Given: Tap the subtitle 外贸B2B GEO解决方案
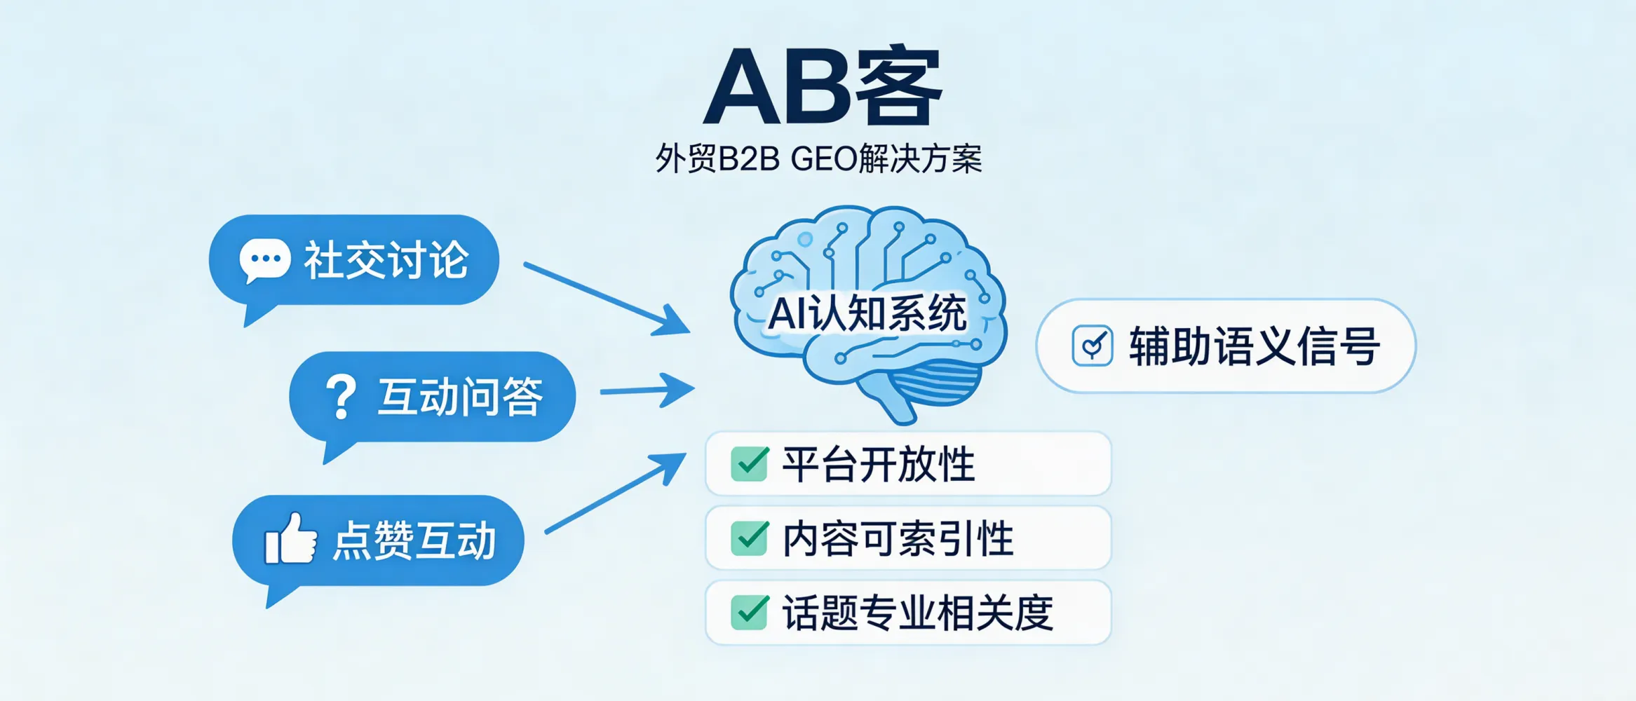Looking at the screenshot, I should pos(818,159).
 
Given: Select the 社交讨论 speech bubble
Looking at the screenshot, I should pos(354,260).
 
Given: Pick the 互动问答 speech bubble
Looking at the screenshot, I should pos(433,397).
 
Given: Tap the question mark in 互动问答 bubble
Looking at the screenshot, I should pos(341,397).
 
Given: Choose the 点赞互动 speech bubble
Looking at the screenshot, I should pos(379,540).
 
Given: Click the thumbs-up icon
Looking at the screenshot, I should pos(290,540).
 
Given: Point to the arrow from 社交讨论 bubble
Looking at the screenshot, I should pos(606,297).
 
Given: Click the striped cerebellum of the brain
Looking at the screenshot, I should pos(937,384).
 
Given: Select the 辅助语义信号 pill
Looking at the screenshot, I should pos(1226,346).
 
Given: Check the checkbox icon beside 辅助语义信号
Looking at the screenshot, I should pos(1092,346).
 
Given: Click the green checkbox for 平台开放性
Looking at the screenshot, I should pos(750,464).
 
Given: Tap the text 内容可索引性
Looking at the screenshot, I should pos(898,538).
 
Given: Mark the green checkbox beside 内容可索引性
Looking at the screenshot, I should pos(750,538).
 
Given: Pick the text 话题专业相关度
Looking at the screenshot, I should pos(917,613).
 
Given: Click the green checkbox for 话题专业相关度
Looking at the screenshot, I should pos(750,613).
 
